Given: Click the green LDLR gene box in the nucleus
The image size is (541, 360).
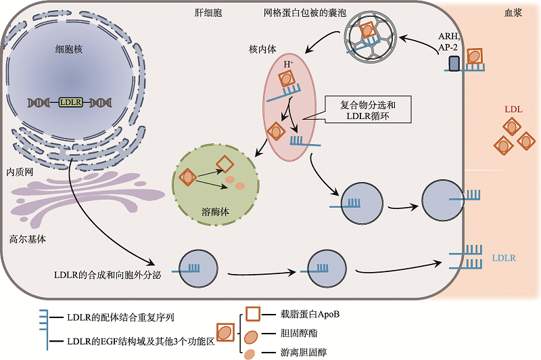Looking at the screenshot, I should [x=70, y=102].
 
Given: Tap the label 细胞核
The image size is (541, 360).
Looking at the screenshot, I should [x=69, y=49].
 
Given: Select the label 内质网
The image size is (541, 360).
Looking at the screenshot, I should [x=20, y=172].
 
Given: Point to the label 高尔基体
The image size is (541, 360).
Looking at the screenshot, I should [x=28, y=239].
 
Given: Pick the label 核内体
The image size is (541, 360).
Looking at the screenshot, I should [x=264, y=50].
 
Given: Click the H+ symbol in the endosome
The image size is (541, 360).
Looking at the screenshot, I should [x=288, y=64].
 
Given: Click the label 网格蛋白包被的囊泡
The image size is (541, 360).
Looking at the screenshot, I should [x=305, y=12].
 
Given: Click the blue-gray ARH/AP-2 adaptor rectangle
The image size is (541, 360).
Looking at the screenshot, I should [x=453, y=63].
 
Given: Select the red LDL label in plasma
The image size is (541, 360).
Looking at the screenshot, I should [x=513, y=109].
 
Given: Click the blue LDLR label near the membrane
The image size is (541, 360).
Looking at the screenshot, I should [x=504, y=258].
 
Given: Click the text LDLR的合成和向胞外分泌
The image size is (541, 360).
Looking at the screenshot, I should [x=107, y=275].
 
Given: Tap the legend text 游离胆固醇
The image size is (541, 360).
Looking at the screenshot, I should [x=304, y=353].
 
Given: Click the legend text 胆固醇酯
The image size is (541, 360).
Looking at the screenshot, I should [x=299, y=334].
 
